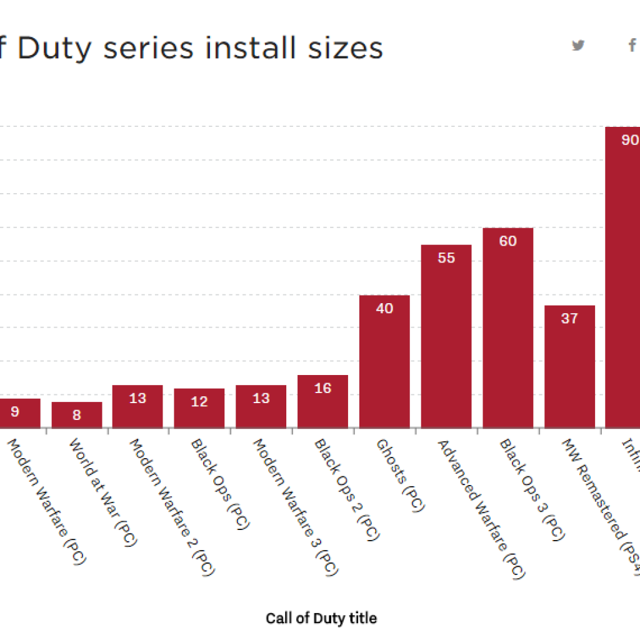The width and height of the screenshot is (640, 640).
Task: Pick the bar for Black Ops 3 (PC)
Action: pos(507,327)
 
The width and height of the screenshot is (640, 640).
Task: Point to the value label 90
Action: pos(629,140)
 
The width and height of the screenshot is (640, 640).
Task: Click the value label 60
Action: pos(508,241)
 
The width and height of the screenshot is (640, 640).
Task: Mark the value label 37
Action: pos(569,318)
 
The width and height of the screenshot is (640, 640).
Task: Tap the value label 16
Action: pos(322,388)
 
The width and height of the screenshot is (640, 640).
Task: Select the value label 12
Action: pos(199,402)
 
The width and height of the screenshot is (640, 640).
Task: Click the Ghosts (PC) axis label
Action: pos(400,475)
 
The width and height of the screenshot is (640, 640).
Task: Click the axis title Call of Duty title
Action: pos(321,618)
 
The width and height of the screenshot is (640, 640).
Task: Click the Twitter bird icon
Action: pos(579,45)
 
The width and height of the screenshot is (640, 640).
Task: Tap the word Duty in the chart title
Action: pos(55,48)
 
